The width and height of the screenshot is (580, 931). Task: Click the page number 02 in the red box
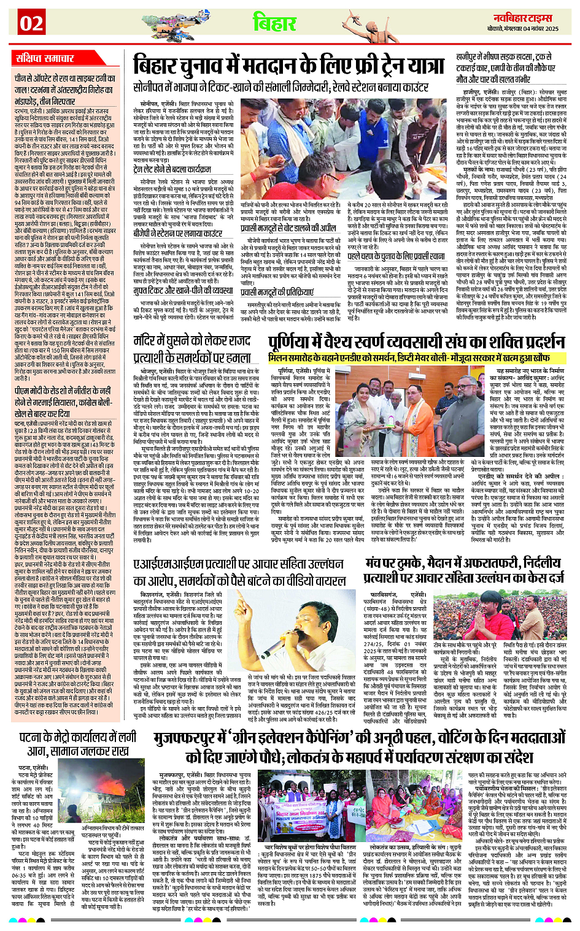pyautogui.click(x=31, y=23)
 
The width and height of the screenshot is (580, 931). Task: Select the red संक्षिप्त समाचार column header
pyautogui.click(x=45, y=59)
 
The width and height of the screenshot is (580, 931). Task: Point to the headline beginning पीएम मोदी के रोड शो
pyautogui.click(x=64, y=397)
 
